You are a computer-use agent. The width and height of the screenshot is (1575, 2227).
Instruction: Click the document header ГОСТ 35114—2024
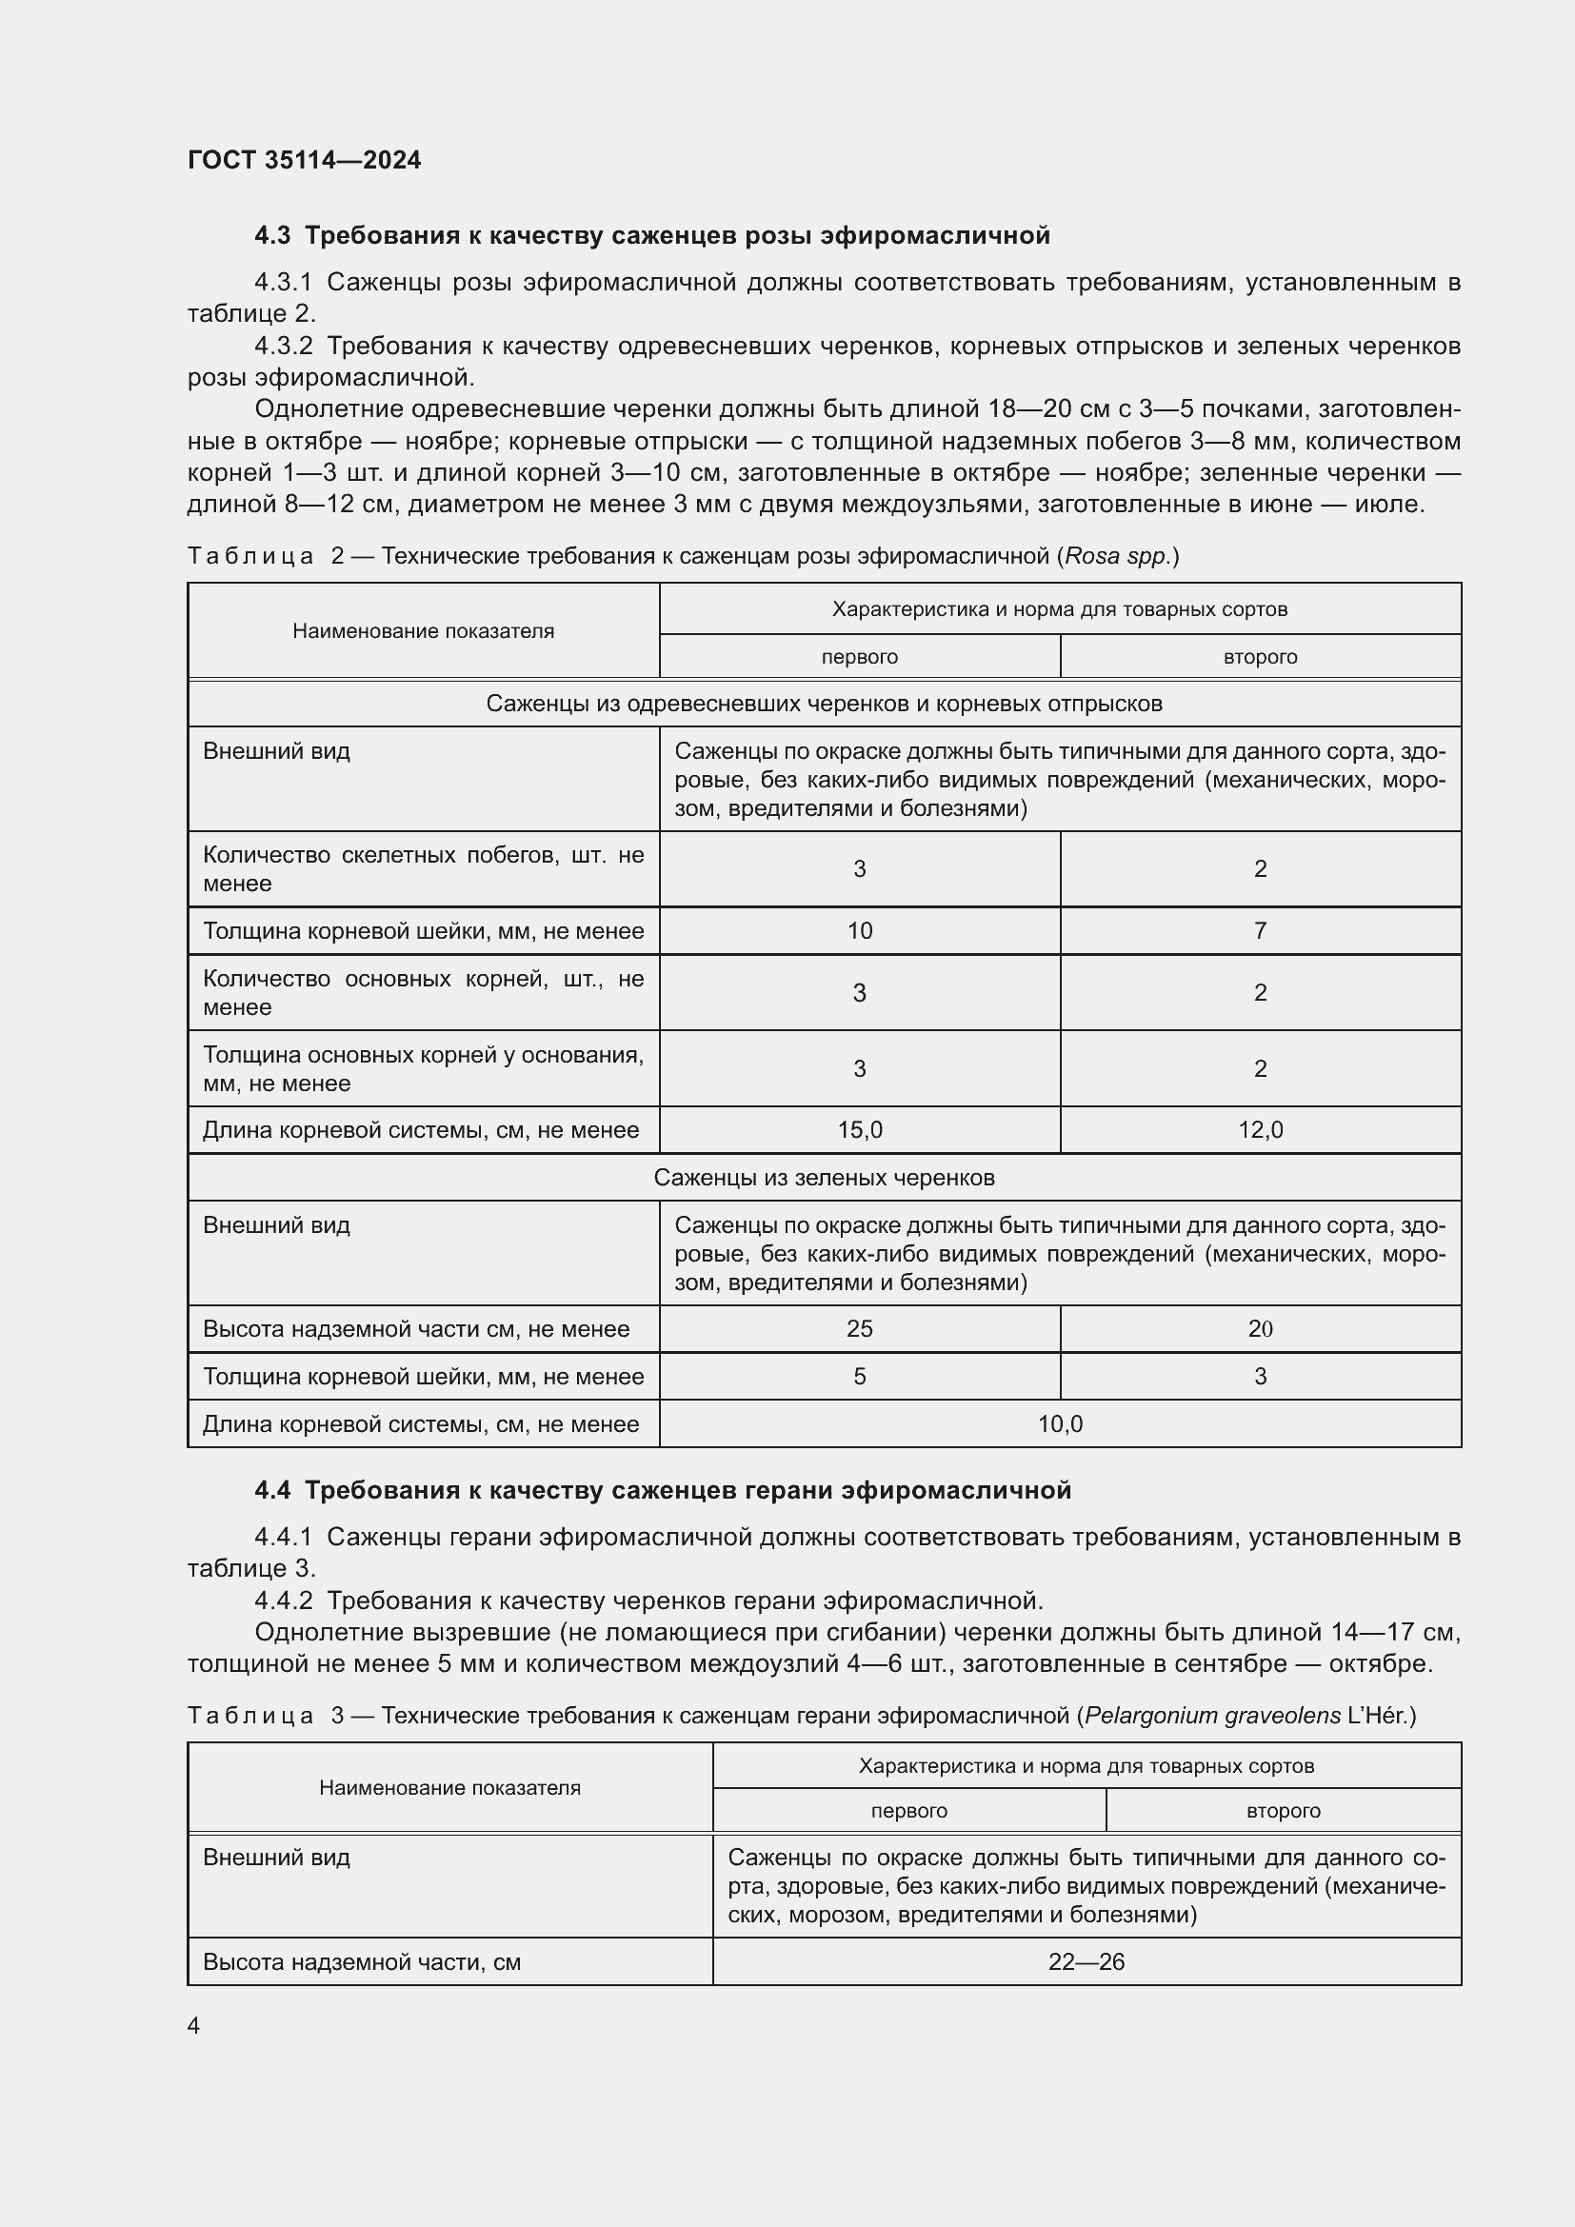tap(304, 160)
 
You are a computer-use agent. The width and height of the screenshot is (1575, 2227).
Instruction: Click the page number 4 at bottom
tap(194, 2025)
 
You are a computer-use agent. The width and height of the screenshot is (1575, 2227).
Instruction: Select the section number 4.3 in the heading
tap(272, 236)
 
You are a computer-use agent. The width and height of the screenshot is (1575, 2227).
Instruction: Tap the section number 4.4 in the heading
tap(272, 1490)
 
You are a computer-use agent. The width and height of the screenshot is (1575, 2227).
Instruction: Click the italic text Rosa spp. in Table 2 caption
tap(1118, 557)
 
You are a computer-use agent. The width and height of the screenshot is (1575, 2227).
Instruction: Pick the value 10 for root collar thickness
tap(859, 931)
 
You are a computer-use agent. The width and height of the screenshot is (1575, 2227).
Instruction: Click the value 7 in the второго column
tap(1260, 931)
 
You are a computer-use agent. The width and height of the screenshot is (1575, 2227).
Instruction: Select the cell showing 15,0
tap(859, 1130)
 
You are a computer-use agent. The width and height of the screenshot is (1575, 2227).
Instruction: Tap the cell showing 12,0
tap(1260, 1130)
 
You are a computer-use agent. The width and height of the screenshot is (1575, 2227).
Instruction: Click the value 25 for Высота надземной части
tap(859, 1329)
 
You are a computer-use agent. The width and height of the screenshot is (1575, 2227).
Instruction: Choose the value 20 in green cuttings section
tap(1260, 1329)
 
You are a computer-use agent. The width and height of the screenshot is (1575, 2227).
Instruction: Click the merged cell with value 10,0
tap(1060, 1423)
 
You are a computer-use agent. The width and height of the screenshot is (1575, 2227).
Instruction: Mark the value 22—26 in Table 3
tap(1087, 1962)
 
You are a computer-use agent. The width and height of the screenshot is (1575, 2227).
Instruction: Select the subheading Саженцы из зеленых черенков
tap(824, 1178)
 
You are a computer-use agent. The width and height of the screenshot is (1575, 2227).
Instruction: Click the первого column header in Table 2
tap(859, 657)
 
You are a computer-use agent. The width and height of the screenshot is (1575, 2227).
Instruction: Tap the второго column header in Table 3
tap(1283, 1811)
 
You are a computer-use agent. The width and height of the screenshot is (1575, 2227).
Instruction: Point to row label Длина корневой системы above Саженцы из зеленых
tap(421, 1130)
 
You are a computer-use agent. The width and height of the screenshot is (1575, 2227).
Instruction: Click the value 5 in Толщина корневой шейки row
tap(859, 1377)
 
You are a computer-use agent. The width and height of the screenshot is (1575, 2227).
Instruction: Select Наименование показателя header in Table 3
tap(450, 1788)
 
